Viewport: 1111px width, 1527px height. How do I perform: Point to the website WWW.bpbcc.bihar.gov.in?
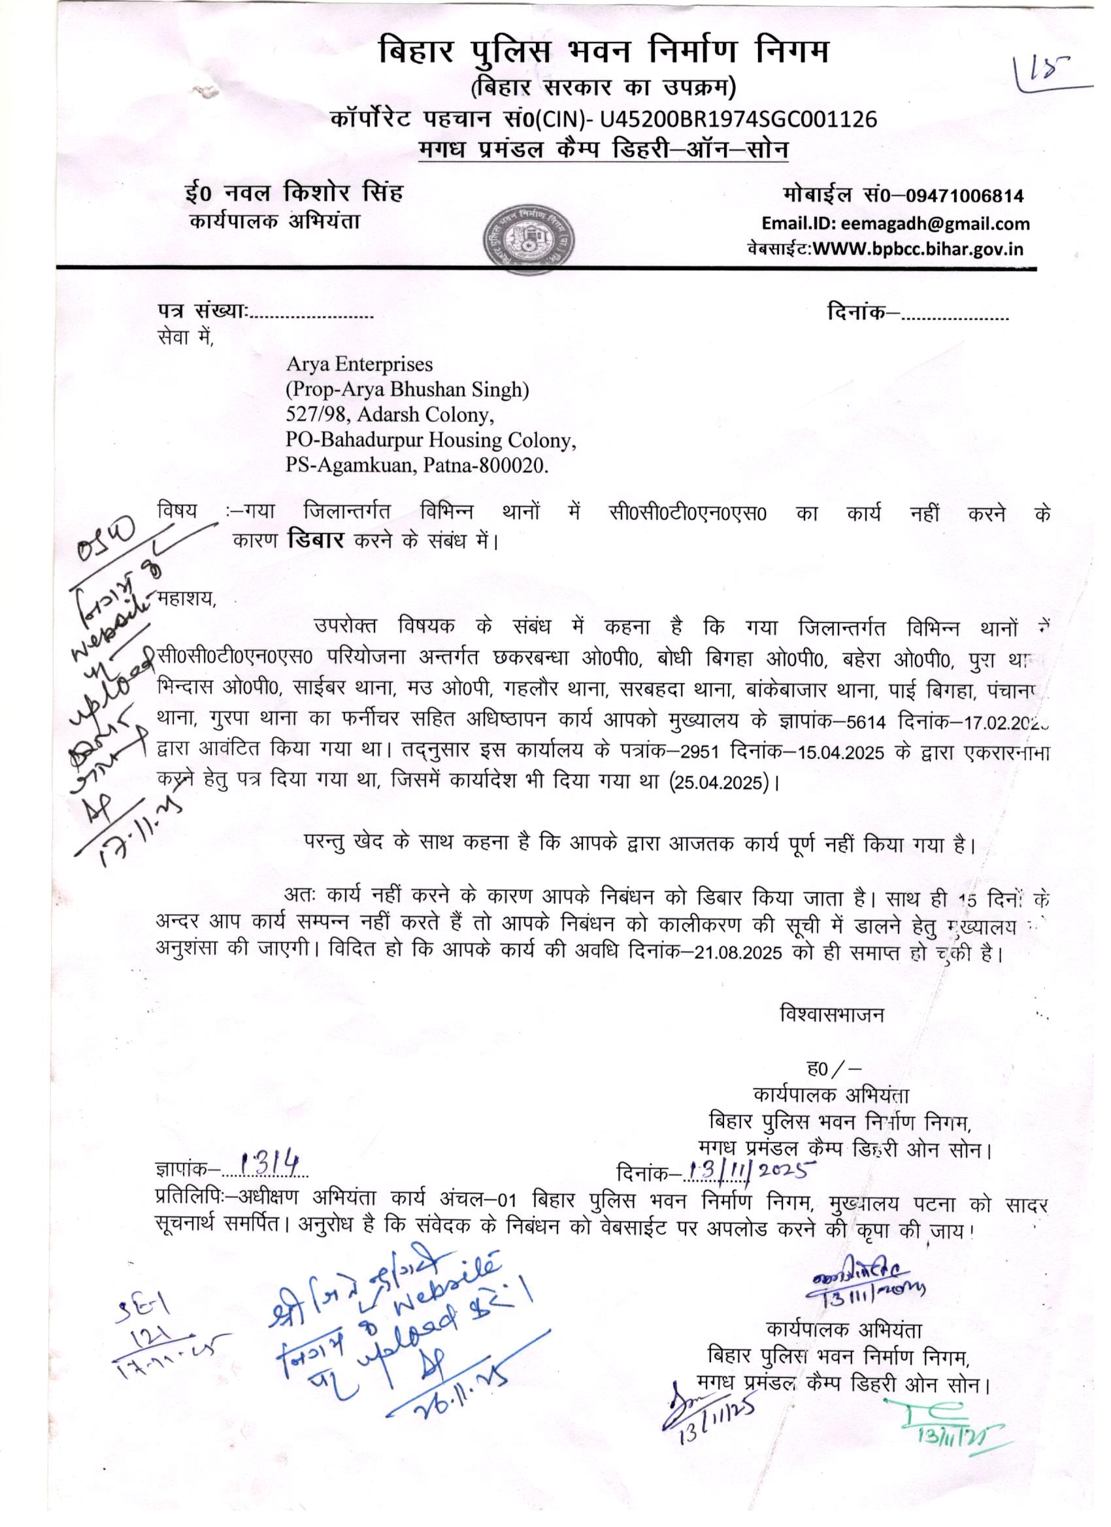point(919,249)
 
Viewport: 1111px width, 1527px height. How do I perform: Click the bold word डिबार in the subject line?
point(315,541)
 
